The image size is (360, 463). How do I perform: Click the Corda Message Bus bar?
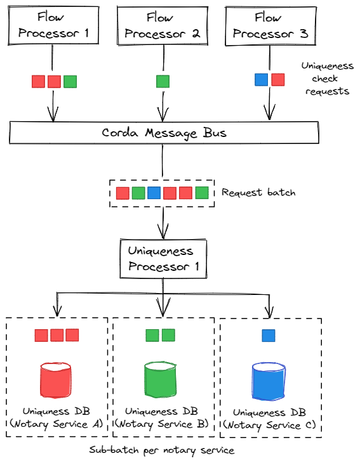tap(164, 133)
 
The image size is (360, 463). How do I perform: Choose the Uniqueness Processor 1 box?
tap(163, 259)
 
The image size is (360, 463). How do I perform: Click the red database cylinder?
tap(57, 382)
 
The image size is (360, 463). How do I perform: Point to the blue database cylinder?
tap(270, 382)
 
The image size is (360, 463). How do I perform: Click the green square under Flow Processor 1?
tap(70, 81)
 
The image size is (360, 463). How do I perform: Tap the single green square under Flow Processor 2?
tap(163, 81)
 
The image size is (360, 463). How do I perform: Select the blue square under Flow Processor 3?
tap(261, 79)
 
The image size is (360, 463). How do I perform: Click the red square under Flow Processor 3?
tap(277, 79)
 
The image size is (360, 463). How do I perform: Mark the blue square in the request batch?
tap(154, 193)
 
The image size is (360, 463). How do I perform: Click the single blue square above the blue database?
tap(269, 335)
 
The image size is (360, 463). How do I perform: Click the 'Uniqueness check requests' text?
tap(328, 79)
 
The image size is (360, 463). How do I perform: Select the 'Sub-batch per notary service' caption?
tap(163, 450)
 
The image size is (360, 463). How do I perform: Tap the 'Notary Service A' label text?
tap(57, 424)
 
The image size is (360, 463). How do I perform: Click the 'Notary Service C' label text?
tap(270, 425)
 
